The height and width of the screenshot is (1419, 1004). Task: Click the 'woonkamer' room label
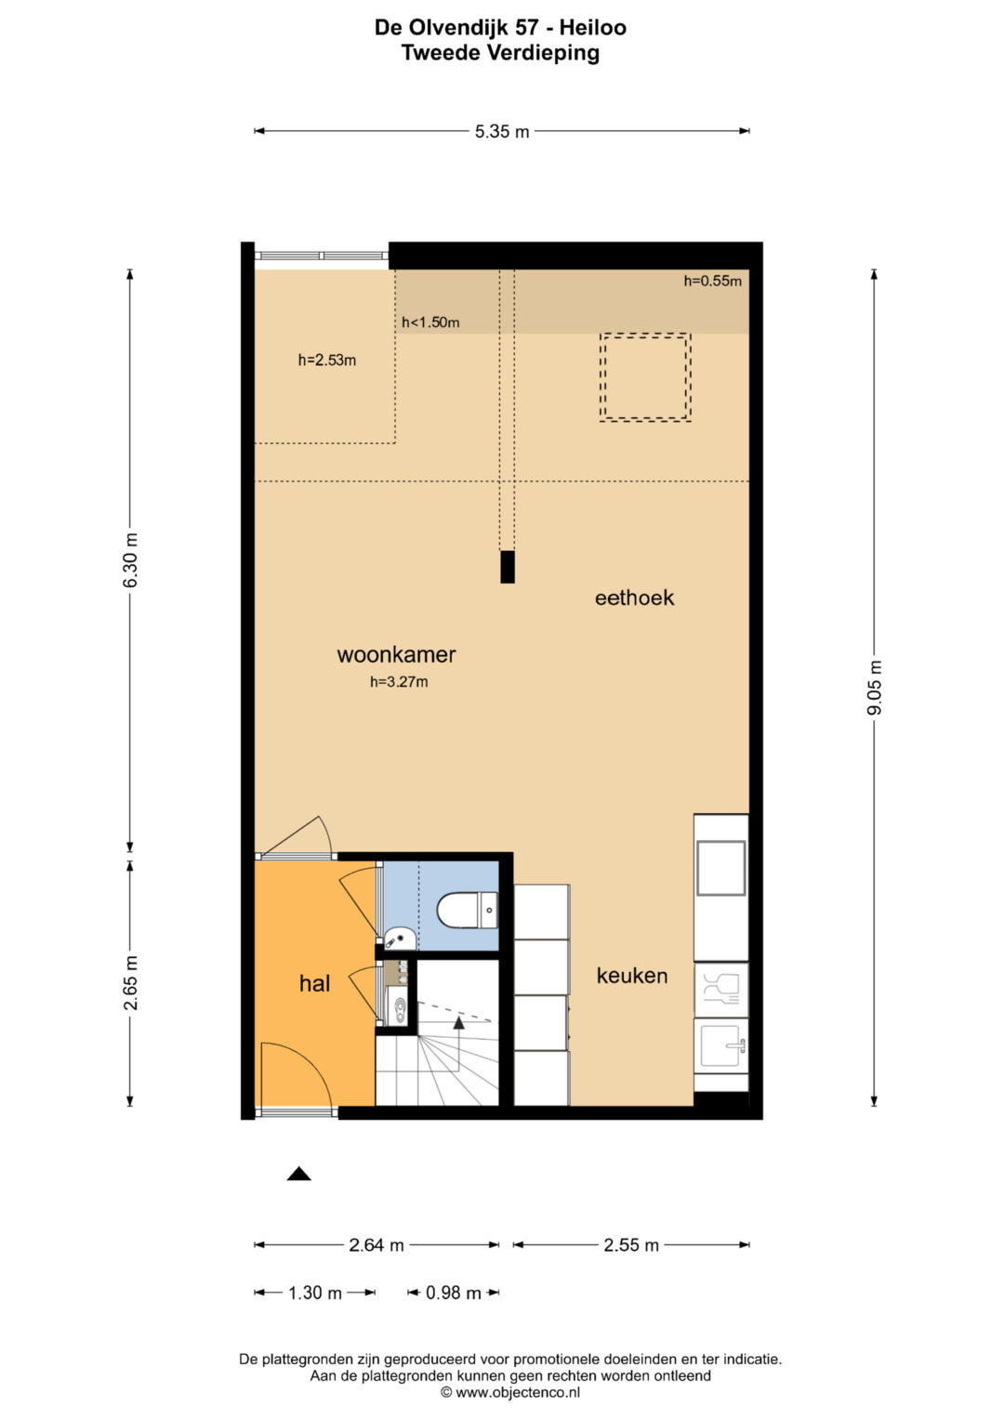[x=396, y=654]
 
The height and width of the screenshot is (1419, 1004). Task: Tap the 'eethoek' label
[x=634, y=598]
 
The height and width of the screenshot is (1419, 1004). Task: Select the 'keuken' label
[x=632, y=976]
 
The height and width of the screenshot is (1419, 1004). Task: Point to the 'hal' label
[x=314, y=983]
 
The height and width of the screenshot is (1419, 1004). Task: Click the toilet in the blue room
[x=467, y=911]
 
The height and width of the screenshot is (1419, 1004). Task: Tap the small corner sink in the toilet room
[x=400, y=939]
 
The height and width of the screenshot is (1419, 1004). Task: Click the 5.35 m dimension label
[x=501, y=132]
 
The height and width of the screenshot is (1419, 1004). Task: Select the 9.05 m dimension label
[x=875, y=688]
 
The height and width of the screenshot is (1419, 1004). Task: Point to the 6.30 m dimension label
[x=130, y=560]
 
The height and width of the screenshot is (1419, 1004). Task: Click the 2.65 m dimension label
[x=130, y=982]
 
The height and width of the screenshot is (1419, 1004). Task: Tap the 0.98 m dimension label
[x=454, y=1293]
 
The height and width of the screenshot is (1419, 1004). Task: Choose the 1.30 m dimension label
[x=315, y=1293]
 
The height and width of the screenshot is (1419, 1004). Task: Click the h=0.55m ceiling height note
[x=712, y=281]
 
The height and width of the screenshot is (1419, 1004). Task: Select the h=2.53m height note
[x=327, y=361]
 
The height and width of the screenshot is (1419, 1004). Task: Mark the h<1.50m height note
[x=430, y=322]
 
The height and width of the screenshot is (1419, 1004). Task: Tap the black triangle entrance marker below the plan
[x=298, y=1174]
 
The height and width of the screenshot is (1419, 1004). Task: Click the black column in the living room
[x=507, y=567]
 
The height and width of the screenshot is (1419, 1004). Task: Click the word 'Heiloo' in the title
[x=593, y=27]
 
